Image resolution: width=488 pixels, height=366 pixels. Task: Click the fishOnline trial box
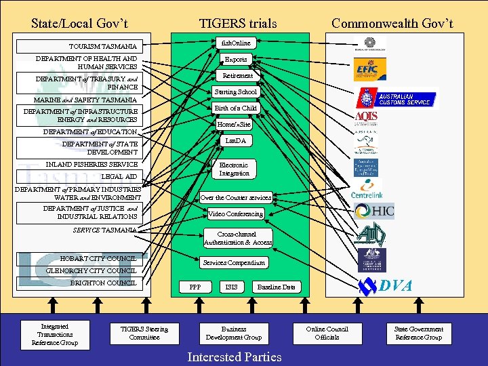(x=236, y=43)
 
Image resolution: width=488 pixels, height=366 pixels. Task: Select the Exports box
(x=236, y=60)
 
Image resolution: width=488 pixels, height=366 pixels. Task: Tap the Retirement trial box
(x=237, y=76)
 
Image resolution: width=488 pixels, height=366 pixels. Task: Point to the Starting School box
(x=236, y=91)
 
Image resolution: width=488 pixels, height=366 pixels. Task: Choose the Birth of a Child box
(x=236, y=108)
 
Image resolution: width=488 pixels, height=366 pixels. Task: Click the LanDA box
(x=235, y=141)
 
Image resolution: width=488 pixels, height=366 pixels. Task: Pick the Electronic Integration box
(x=235, y=169)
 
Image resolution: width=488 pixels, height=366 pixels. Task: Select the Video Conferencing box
(x=236, y=214)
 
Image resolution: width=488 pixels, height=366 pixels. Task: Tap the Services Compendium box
(x=235, y=262)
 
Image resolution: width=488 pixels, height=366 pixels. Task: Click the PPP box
(x=195, y=287)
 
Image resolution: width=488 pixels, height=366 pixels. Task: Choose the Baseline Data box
(x=276, y=287)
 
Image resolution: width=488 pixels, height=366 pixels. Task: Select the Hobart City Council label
(x=98, y=258)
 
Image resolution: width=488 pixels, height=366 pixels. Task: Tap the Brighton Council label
(x=102, y=283)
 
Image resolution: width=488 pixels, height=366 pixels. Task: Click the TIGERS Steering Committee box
(x=144, y=333)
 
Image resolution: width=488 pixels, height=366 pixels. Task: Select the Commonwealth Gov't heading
(x=392, y=24)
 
